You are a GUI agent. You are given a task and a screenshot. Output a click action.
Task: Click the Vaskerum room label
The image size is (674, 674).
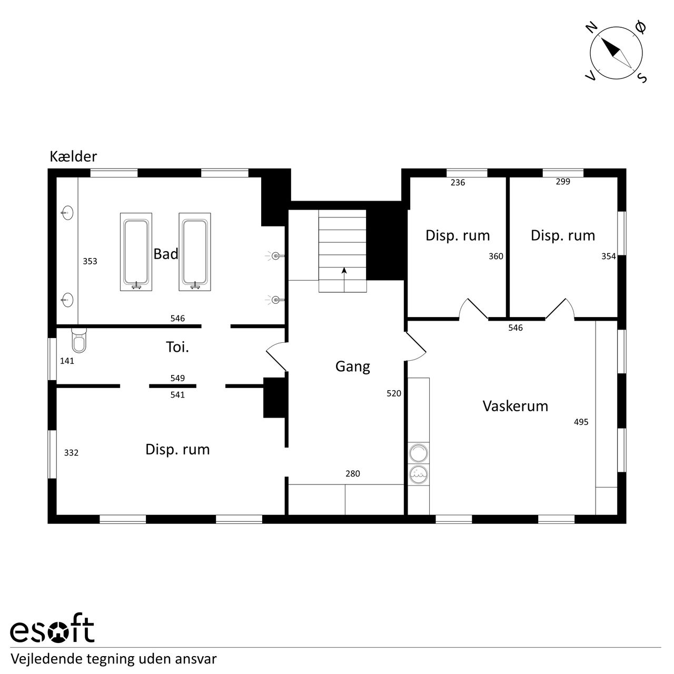tap(515, 406)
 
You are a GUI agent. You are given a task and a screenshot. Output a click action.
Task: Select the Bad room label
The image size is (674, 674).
tap(166, 254)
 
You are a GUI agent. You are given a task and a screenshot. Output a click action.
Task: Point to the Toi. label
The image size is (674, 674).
tap(177, 347)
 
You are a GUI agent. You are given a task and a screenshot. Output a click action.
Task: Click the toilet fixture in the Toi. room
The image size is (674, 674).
tap(78, 340)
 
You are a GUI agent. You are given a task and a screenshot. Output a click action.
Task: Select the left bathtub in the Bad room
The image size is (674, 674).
tap(136, 252)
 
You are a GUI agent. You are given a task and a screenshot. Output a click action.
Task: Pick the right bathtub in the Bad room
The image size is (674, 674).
tap(195, 252)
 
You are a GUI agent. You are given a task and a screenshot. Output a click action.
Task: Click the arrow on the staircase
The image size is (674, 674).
tap(344, 280)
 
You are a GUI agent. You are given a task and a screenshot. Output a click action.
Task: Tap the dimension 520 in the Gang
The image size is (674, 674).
tap(394, 393)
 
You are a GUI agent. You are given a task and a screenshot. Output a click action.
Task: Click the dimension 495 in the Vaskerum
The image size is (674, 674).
tap(581, 422)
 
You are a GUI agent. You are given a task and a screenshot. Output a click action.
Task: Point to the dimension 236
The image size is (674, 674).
tap(458, 182)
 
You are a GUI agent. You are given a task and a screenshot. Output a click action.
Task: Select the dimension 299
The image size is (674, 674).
tap(563, 182)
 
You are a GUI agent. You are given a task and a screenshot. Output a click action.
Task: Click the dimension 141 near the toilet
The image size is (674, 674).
tap(67, 361)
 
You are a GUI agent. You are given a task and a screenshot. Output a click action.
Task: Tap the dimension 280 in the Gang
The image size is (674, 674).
tap(353, 473)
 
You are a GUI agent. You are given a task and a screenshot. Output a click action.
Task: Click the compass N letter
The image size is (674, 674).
tap(592, 27)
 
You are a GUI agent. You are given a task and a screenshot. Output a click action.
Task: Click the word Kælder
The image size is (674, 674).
tap(73, 156)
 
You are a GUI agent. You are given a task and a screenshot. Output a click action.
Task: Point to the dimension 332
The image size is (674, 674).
tap(72, 453)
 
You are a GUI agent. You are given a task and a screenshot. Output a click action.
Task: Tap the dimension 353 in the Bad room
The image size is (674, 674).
tap(90, 261)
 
